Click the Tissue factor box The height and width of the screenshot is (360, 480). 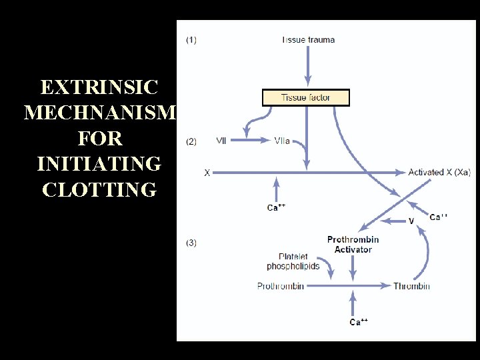(x=306, y=98)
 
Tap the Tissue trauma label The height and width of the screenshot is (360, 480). (x=308, y=40)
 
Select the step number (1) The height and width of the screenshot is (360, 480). (x=191, y=40)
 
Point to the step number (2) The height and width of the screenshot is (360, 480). (x=191, y=141)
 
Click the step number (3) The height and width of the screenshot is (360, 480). (x=191, y=243)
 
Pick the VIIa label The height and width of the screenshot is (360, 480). (x=282, y=141)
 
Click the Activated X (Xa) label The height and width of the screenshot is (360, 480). (x=437, y=173)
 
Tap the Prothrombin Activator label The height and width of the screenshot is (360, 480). (x=353, y=245)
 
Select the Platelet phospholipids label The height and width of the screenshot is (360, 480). (x=293, y=261)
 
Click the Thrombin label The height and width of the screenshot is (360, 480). (x=411, y=286)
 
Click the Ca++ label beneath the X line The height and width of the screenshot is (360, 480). (x=276, y=208)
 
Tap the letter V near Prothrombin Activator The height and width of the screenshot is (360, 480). (x=411, y=221)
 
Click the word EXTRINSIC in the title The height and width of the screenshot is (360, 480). (x=99, y=87)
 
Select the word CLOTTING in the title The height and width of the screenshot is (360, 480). (x=99, y=190)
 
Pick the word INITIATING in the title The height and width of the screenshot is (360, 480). (x=99, y=164)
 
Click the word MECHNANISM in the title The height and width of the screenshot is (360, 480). (x=99, y=113)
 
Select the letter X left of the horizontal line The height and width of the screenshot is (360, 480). (x=207, y=173)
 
